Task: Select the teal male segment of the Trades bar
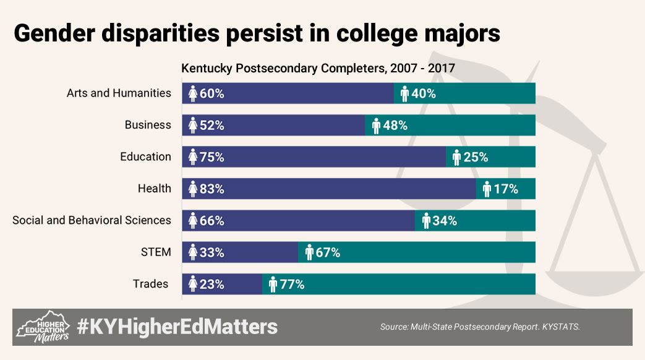[x=421, y=285]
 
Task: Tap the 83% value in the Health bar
[x=211, y=189]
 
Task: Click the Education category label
[x=145, y=157]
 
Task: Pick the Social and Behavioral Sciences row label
[x=92, y=221]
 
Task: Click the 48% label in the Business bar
[x=395, y=126]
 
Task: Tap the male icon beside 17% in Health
[x=487, y=189]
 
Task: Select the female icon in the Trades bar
[x=192, y=285]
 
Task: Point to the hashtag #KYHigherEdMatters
[x=177, y=326]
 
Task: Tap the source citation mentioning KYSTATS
[x=480, y=326]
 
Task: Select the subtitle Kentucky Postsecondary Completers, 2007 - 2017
[x=318, y=69]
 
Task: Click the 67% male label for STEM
[x=328, y=252]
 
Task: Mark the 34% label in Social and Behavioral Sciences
[x=444, y=221]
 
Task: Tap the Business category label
[x=148, y=126]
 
